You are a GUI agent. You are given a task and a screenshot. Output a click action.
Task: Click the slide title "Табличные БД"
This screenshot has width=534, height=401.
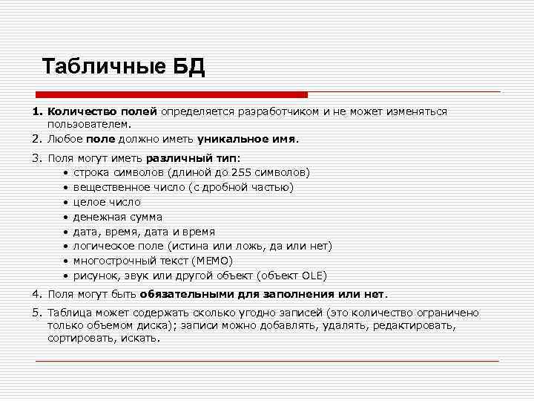(x=123, y=67)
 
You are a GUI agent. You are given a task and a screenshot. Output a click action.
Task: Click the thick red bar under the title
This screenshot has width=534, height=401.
(x=172, y=95)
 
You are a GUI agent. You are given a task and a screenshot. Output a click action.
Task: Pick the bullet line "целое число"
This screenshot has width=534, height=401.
(x=107, y=202)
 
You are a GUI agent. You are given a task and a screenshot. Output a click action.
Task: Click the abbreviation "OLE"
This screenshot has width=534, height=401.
(x=311, y=276)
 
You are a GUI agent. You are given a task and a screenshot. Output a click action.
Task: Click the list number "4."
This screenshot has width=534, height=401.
(x=37, y=294)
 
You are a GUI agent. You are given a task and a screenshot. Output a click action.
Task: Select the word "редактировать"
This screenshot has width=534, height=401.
(x=414, y=325)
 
